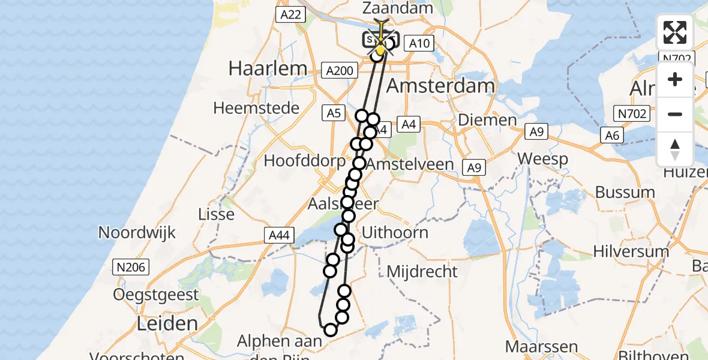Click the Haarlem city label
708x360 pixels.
(268, 68)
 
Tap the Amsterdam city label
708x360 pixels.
(440, 85)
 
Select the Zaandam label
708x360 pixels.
(398, 8)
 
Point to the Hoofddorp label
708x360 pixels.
(305, 161)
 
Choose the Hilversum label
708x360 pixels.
(631, 251)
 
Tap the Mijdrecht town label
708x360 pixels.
(422, 271)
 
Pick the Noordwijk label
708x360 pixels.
(137, 233)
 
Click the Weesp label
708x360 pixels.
(543, 159)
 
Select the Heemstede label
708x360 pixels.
(256, 109)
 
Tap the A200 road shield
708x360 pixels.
(340, 71)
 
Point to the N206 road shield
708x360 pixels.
(131, 268)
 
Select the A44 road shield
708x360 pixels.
(280, 236)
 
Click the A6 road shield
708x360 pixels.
(612, 136)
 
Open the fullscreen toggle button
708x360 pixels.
(675, 32)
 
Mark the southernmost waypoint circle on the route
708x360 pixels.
(331, 329)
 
